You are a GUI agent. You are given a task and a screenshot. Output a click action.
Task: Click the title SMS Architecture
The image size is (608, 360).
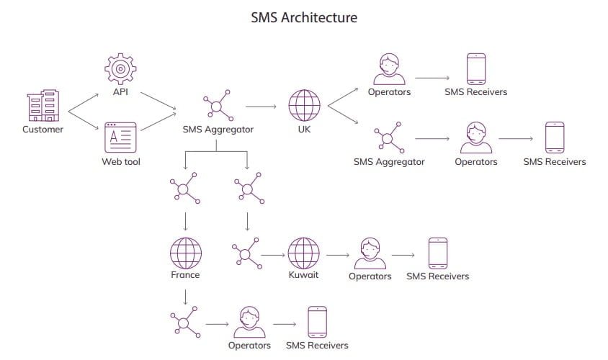(303, 17)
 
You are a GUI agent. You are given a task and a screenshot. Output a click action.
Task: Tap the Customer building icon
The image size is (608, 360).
(43, 106)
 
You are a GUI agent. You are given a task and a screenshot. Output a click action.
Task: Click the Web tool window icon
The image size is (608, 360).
(120, 137)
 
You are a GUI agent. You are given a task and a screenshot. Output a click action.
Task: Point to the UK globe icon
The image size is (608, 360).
(304, 106)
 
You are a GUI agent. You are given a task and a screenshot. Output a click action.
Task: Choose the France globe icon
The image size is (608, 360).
(185, 253)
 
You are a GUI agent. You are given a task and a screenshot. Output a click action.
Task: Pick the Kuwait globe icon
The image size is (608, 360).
(303, 253)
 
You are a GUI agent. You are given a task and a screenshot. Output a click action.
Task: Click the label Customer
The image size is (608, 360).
(43, 130)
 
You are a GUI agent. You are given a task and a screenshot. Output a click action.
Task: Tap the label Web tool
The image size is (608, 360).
(120, 162)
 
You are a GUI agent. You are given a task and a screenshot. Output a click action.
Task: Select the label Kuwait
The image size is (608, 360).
(303, 275)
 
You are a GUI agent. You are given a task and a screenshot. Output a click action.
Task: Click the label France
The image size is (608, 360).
(185, 275)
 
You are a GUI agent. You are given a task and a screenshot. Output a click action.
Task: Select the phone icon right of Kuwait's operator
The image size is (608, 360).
(437, 253)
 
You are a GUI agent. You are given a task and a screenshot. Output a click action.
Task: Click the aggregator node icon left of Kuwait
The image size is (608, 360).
(246, 253)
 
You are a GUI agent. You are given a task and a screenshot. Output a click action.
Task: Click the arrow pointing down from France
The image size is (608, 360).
(185, 294)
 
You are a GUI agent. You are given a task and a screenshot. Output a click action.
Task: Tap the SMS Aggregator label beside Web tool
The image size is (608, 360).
(218, 130)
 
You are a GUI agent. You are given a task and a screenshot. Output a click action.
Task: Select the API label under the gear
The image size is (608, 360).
(120, 92)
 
